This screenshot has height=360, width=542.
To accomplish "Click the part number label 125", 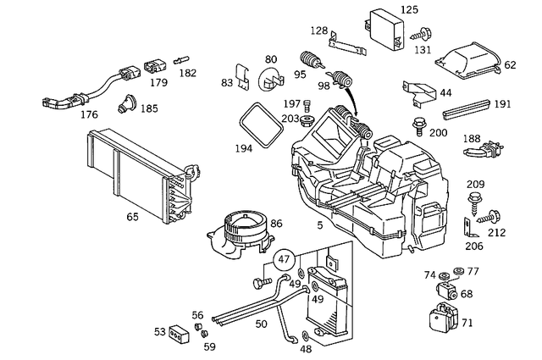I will [x=409, y=9].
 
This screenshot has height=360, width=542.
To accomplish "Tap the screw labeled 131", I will [x=420, y=35].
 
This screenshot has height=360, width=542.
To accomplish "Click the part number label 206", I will [x=474, y=246].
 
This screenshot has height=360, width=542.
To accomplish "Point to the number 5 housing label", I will [x=318, y=226].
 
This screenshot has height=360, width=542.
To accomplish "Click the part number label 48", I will [x=305, y=348].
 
